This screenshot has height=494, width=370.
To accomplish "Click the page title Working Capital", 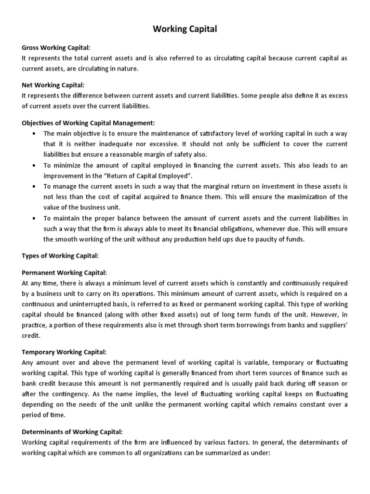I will click(185, 29).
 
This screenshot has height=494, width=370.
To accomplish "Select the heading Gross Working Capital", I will click(56, 48).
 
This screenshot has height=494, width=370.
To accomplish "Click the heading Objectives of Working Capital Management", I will click(88, 123).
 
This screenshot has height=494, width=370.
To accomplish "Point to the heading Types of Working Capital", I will click(60, 255).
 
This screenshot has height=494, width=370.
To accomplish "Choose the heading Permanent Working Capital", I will click(64, 273).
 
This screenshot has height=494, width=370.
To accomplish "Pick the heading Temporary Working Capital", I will click(64, 352).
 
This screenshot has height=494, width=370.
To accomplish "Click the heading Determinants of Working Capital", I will click(72, 431).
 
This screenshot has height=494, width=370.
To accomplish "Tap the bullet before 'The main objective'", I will click(33, 134).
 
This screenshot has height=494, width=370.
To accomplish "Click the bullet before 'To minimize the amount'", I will click(33, 165).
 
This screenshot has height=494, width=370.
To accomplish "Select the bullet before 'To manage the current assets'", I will click(33, 186).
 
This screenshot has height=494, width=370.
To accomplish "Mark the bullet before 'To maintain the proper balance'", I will click(33, 219).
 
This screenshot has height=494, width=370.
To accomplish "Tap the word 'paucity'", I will click(254, 239).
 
